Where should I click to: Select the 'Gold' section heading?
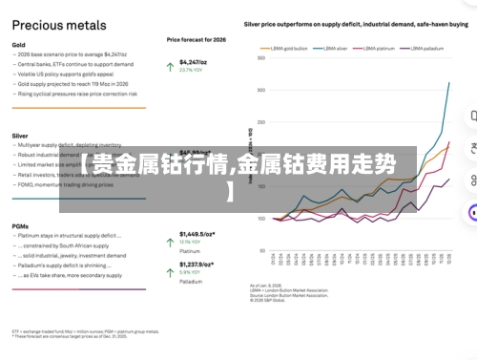[19, 45]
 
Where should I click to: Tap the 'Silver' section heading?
[21, 136]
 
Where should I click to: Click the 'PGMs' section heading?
[21, 225]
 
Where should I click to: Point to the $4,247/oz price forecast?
[195, 62]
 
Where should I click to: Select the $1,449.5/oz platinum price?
[200, 233]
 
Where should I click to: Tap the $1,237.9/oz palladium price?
[200, 264]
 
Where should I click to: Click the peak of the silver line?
[449, 83]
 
